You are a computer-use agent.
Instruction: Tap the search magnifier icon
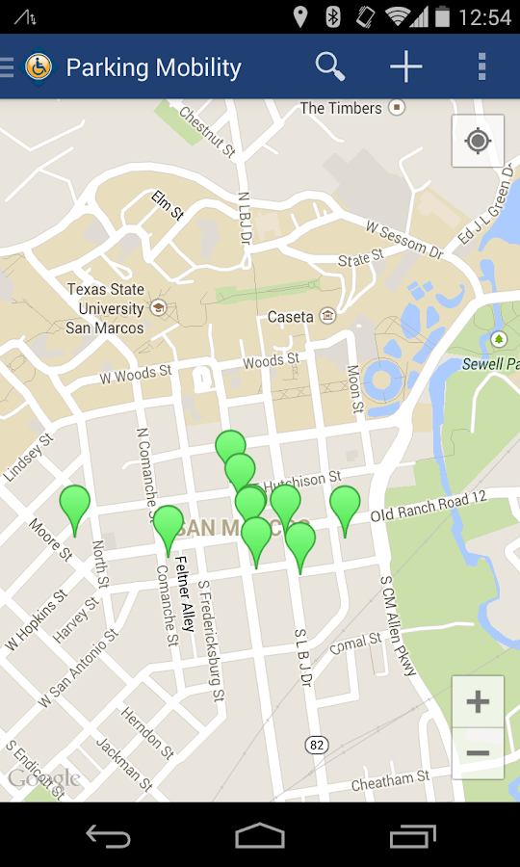point(329,66)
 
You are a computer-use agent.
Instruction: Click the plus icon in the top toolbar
point(405,66)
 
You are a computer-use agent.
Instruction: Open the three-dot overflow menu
point(481,66)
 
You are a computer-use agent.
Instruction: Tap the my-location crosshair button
point(478,142)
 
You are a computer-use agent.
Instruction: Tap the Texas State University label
point(105,308)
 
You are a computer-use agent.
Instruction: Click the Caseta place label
point(291,316)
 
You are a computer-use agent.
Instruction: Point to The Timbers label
point(341,108)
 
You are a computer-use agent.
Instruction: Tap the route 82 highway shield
point(316,745)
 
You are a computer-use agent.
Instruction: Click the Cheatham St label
point(390,781)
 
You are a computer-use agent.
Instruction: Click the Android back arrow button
point(108,835)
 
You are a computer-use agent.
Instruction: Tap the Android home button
point(260,835)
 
